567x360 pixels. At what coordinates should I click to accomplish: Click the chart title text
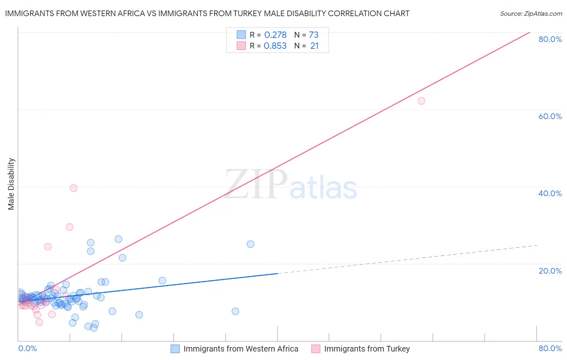(206, 14)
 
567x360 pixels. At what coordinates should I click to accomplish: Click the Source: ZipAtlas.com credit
(531, 14)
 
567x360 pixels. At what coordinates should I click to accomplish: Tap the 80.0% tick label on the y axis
(550, 39)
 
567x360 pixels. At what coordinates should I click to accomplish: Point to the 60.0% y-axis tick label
(550, 116)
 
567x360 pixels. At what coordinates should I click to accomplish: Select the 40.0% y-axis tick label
(550, 193)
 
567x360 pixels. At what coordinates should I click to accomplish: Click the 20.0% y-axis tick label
(550, 271)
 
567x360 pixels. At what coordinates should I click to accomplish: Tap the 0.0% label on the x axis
(27, 348)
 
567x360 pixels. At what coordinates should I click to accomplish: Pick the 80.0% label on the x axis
(550, 348)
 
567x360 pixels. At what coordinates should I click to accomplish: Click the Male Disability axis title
(11, 184)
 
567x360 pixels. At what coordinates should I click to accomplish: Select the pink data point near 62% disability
(421, 101)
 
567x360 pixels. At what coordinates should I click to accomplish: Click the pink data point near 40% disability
(73, 188)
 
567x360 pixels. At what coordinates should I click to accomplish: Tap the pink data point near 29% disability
(69, 227)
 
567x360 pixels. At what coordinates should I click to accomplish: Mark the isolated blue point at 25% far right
(250, 244)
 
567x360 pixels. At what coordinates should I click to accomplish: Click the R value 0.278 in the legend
(275, 35)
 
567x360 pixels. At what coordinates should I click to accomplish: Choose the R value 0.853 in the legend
(275, 46)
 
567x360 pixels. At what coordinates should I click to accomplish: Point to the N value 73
(313, 35)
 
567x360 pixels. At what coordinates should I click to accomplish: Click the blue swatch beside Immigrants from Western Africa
(175, 349)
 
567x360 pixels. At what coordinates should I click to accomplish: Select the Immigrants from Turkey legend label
(367, 349)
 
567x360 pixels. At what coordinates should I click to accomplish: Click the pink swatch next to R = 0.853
(241, 46)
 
